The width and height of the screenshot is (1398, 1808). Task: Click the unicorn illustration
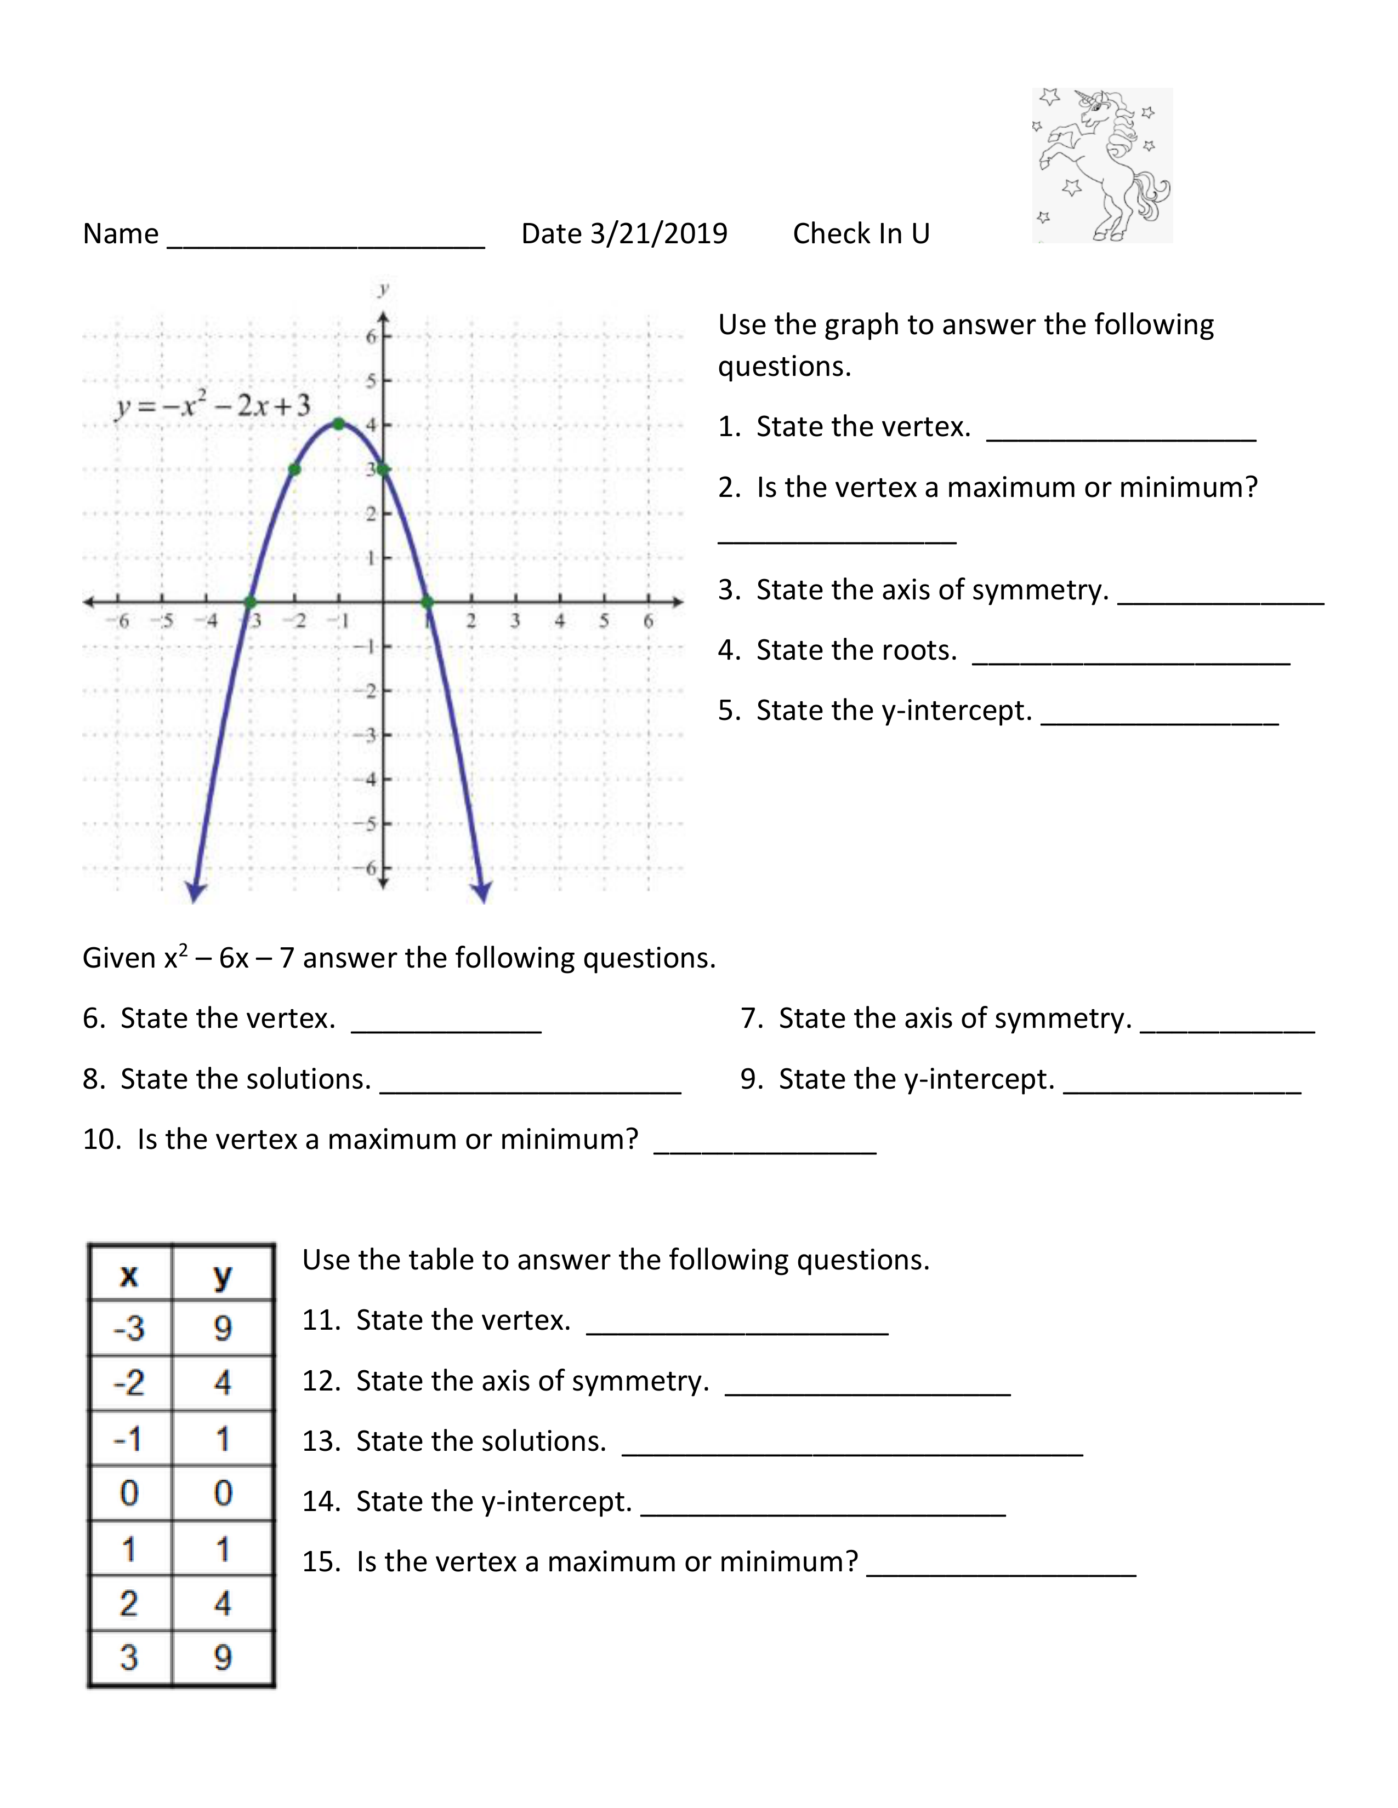[1103, 165]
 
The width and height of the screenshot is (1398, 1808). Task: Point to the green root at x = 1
[427, 602]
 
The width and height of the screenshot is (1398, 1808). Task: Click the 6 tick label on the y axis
[371, 336]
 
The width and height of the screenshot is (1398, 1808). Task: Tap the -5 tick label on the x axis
[166, 621]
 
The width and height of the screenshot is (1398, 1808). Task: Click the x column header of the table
[129, 1275]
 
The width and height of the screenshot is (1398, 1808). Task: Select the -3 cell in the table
[129, 1329]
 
